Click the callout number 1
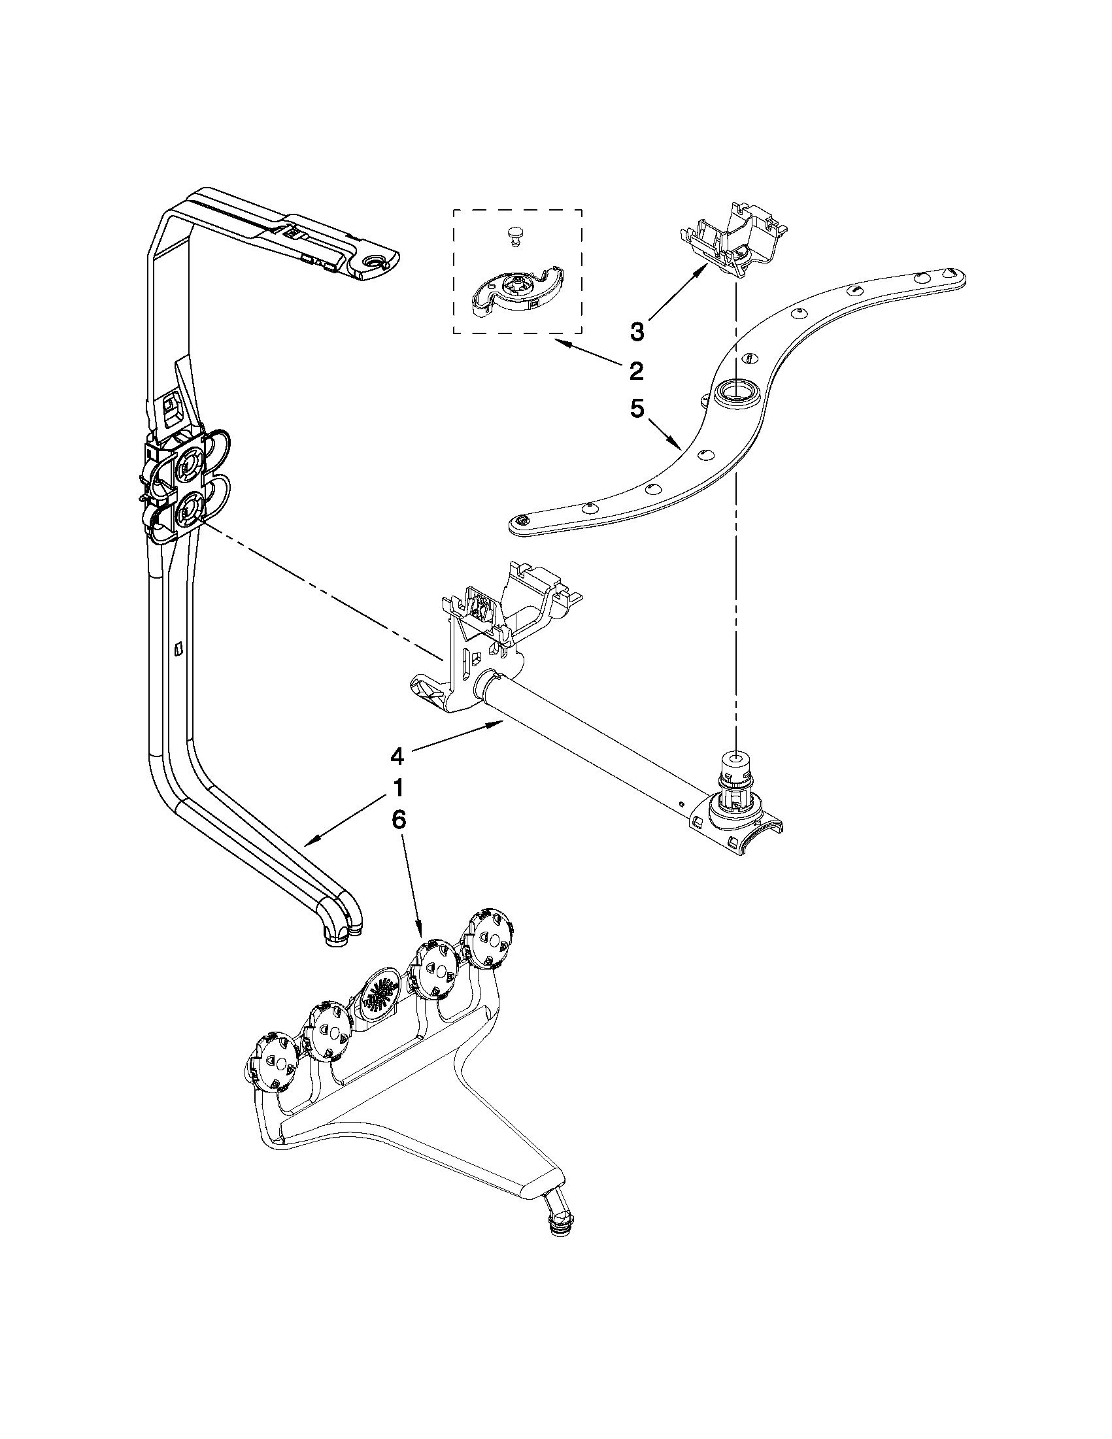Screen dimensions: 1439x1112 click(397, 788)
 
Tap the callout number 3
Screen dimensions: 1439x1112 click(636, 331)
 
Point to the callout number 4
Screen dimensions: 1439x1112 click(397, 757)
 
